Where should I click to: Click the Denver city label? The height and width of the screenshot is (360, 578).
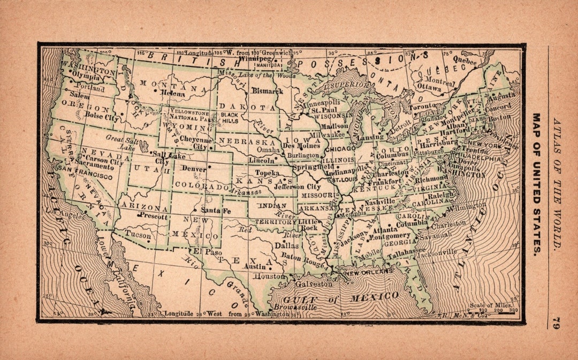point(194,168)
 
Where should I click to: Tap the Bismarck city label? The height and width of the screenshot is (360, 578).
point(267,91)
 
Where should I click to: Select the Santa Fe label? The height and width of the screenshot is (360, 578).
point(216,211)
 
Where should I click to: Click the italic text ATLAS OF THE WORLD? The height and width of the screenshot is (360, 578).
point(557,185)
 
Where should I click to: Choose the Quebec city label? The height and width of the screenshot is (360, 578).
point(464,62)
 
